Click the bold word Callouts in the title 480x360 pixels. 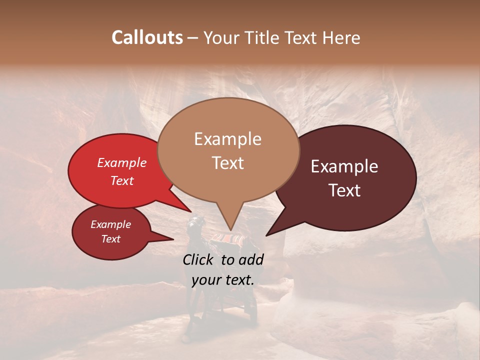pyautogui.click(x=147, y=37)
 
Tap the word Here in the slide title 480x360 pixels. pyautogui.click(x=341, y=38)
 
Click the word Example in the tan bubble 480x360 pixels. pyautogui.click(x=227, y=139)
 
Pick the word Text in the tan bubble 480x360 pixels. pyautogui.click(x=227, y=163)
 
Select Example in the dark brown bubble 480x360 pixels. pyautogui.click(x=344, y=166)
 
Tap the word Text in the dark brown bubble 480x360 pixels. pyautogui.click(x=344, y=190)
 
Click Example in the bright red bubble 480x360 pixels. pyautogui.click(x=121, y=162)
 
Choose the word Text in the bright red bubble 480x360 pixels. pyautogui.click(x=121, y=180)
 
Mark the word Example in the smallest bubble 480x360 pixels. pyautogui.click(x=110, y=224)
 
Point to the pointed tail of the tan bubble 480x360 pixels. pyautogui.click(x=230, y=220)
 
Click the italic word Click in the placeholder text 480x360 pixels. pyautogui.click(x=198, y=259)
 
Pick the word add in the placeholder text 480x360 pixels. pyautogui.click(x=252, y=259)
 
